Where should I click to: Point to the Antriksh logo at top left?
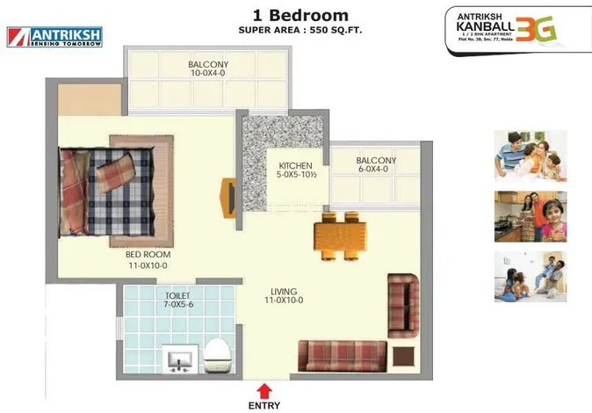(54, 36)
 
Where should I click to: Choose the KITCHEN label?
(297, 166)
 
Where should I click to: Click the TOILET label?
(178, 296)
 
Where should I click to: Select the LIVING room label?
(284, 292)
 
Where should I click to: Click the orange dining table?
(339, 235)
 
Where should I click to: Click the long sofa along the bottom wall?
(342, 355)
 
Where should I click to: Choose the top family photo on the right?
(530, 156)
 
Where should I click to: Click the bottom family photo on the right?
(530, 277)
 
